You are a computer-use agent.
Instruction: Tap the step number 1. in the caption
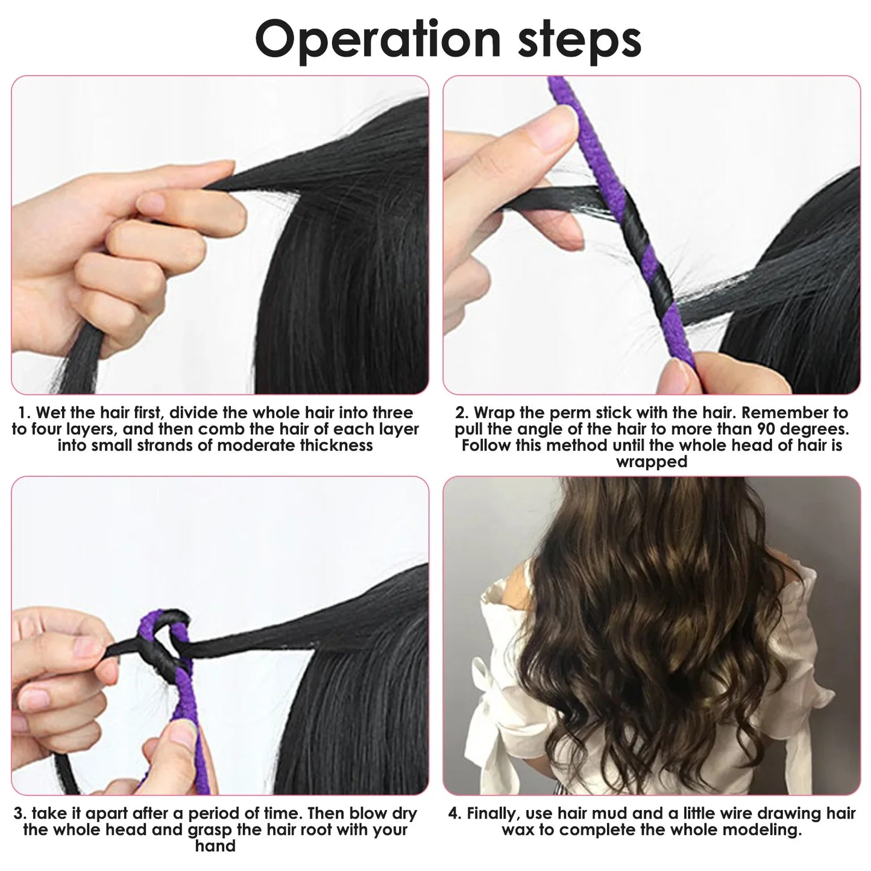point(24,413)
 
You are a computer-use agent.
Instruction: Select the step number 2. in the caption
point(461,413)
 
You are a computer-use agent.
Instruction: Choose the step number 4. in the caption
point(454,813)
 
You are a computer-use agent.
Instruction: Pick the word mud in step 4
point(629,813)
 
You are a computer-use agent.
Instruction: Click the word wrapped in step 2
point(651,462)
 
